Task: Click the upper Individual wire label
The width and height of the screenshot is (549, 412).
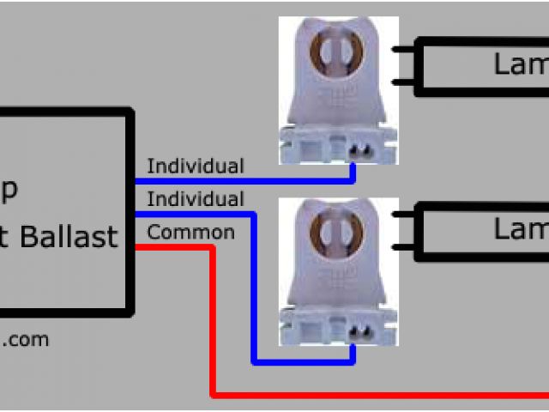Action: [195, 166]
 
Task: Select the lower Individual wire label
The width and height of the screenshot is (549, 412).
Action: [195, 199]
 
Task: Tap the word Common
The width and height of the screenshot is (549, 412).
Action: [190, 232]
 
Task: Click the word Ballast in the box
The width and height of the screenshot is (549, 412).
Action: [68, 236]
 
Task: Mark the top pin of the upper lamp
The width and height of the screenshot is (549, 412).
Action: [402, 49]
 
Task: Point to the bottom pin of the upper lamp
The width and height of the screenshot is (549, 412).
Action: [402, 82]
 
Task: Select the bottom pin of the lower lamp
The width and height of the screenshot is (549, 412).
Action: [402, 247]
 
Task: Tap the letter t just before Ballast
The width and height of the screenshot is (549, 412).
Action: [7, 236]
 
